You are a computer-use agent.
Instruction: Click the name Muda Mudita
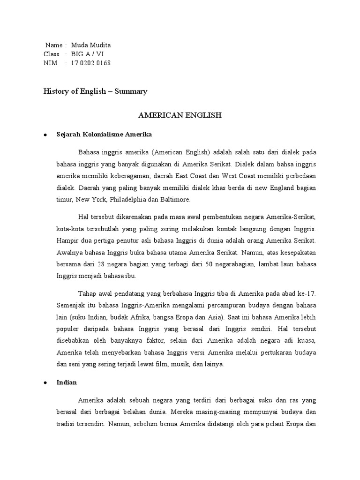point(91,45)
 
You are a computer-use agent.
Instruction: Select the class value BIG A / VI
point(88,54)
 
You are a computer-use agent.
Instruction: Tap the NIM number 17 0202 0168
point(91,63)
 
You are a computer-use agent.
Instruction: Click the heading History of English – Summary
point(95,91)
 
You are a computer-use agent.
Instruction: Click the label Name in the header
point(53,45)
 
